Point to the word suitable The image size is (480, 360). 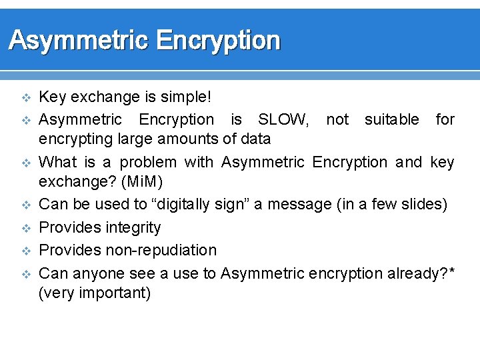tap(392, 120)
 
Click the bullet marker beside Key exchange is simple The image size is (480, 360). tap(27, 98)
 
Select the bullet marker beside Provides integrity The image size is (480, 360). tap(27, 228)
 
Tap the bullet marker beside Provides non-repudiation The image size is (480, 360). tap(27, 251)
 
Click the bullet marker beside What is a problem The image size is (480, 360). tap(27, 163)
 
